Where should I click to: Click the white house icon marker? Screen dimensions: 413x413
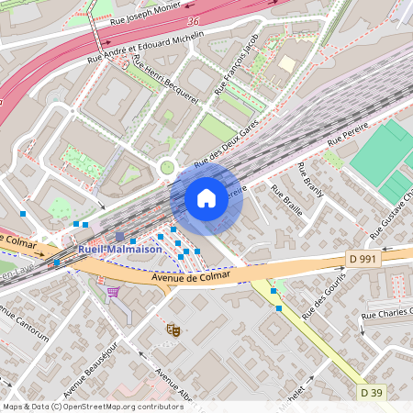(x=206, y=197)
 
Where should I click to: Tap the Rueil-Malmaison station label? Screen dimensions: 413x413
(x=120, y=249)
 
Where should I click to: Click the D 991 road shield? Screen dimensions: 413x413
(x=363, y=259)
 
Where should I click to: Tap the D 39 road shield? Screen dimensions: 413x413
(x=371, y=393)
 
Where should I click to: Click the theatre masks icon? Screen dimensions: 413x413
(x=173, y=329)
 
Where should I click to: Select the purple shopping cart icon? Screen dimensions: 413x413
(x=112, y=292)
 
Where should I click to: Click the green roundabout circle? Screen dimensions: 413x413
(x=167, y=167)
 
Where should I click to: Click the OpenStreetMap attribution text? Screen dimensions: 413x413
(x=92, y=407)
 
